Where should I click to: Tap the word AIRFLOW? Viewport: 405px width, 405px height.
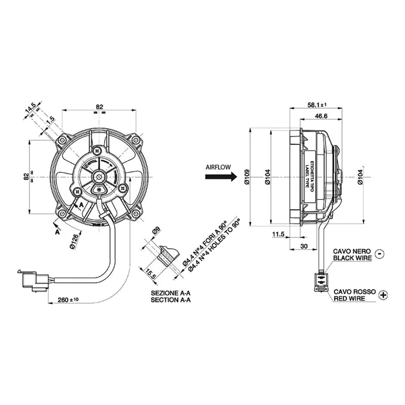point(218,166)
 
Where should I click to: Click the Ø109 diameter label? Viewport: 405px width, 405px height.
point(247,176)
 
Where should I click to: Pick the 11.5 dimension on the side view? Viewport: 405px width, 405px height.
point(278,234)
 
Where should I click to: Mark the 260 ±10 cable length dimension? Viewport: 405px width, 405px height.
point(67,300)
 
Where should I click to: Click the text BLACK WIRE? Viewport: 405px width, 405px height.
point(352,258)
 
